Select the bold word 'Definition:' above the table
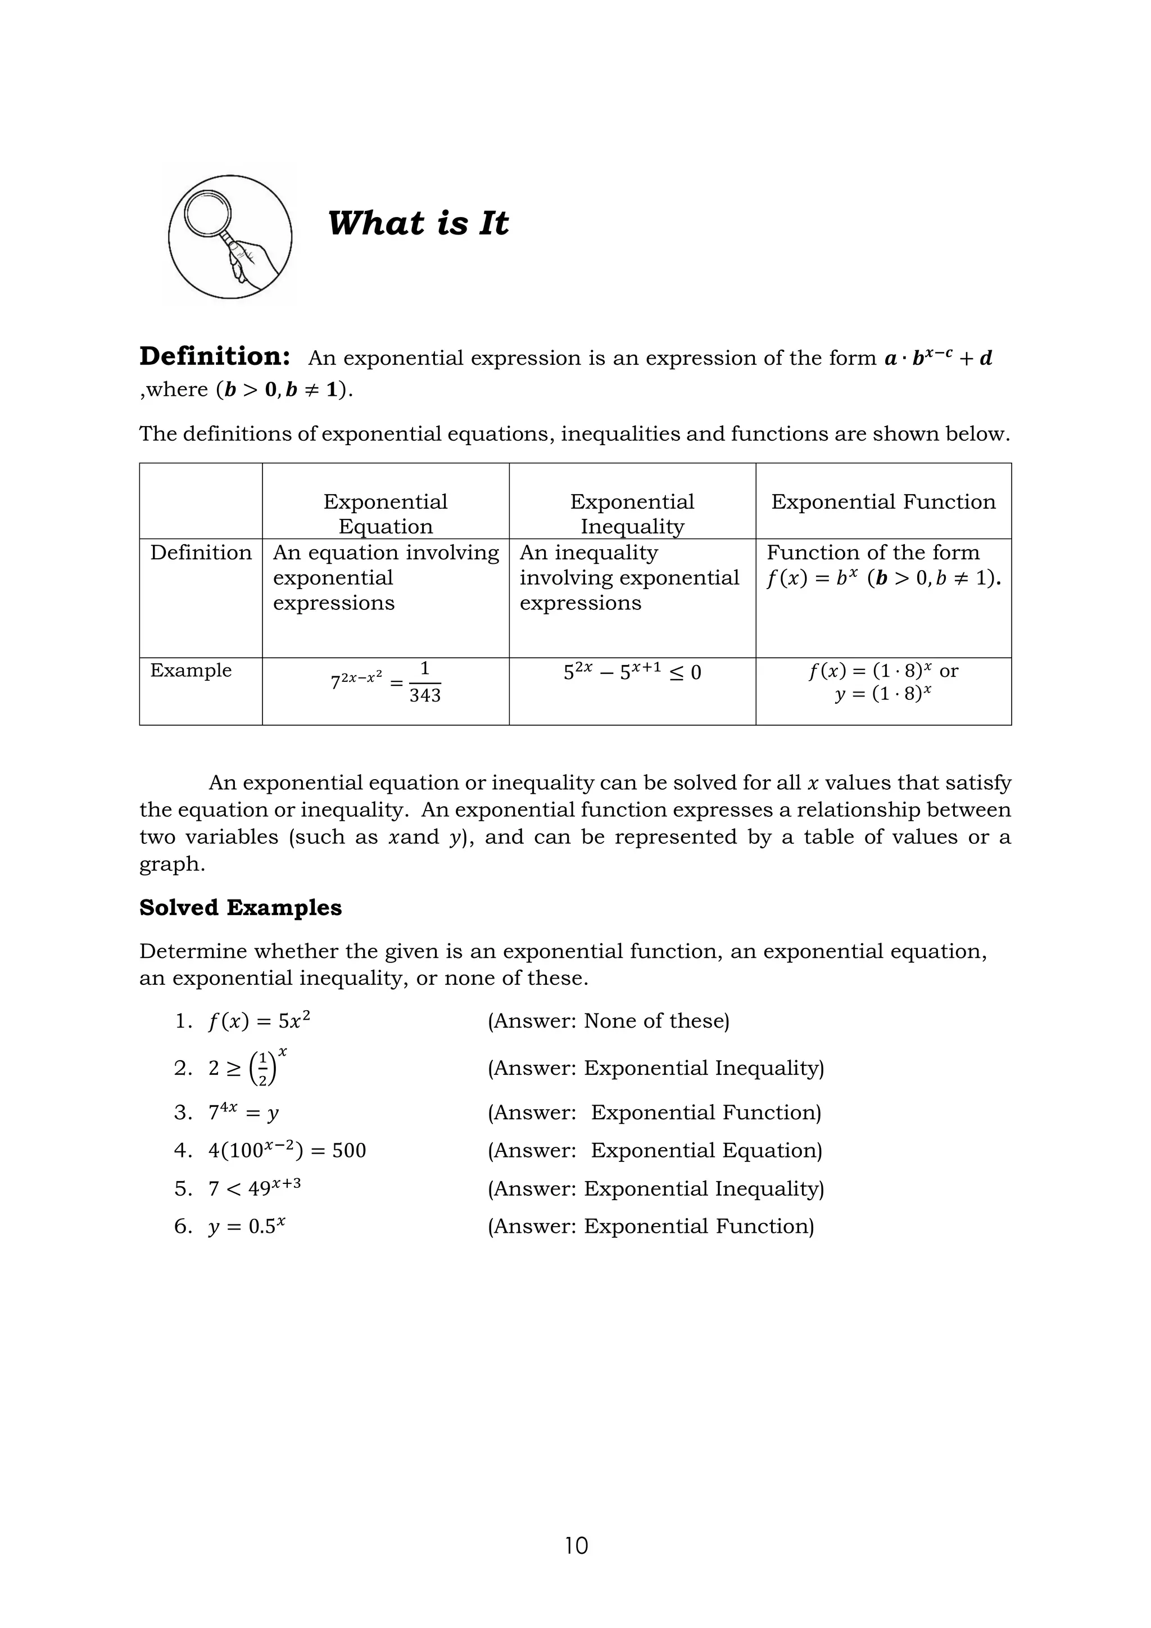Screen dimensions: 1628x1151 click(214, 356)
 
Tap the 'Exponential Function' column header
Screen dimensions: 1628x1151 click(883, 502)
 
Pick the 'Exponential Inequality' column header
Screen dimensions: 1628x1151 click(632, 513)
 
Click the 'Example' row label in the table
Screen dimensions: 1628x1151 click(191, 670)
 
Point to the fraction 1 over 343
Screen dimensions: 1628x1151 click(424, 682)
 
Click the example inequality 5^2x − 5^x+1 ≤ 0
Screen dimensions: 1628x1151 click(632, 671)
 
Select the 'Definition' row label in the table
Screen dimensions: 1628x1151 click(201, 553)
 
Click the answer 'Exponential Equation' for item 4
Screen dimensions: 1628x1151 click(705, 1150)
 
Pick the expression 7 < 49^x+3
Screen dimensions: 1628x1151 click(255, 1188)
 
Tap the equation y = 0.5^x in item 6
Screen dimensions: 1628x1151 click(247, 1226)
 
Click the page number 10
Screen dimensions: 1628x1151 click(576, 1545)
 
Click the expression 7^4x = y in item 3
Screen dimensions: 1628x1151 click(243, 1112)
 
